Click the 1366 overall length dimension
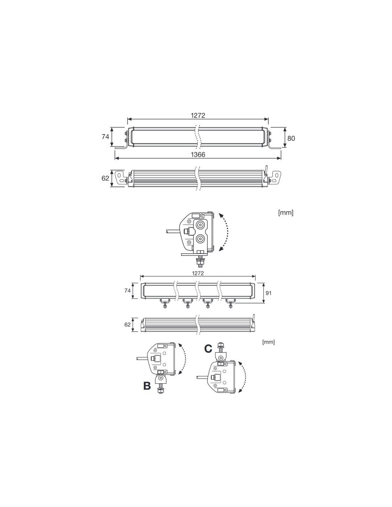(x=198, y=154)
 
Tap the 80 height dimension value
(x=291, y=138)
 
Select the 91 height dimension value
(x=268, y=293)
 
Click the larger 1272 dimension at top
(x=198, y=115)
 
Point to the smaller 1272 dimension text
(x=198, y=273)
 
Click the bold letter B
(x=147, y=386)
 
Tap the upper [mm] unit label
(x=286, y=212)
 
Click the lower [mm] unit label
(x=268, y=342)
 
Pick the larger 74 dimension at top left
(x=105, y=137)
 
